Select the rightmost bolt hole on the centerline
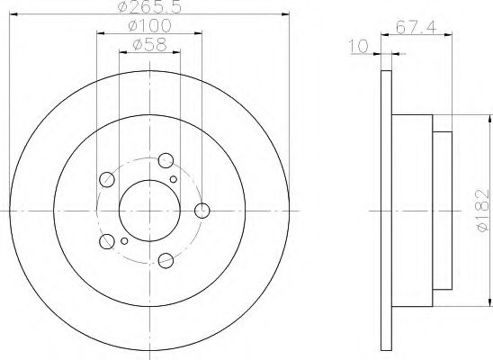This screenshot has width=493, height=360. point(202,211)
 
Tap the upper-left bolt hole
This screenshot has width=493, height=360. point(106,178)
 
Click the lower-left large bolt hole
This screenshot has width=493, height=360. point(107,241)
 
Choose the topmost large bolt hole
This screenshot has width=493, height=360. point(166,160)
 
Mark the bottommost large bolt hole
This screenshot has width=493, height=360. point(166,261)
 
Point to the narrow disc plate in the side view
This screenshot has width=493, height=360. point(388,211)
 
